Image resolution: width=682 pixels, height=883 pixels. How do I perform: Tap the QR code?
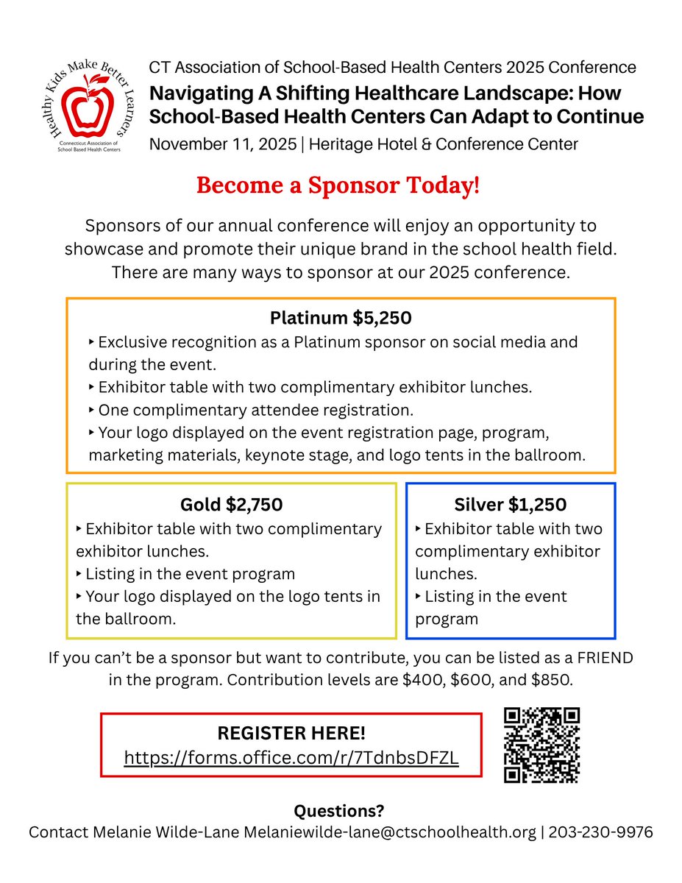click(x=542, y=745)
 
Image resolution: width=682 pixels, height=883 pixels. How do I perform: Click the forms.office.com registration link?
click(x=291, y=757)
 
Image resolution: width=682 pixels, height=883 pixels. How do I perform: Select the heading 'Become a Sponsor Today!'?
click(x=338, y=185)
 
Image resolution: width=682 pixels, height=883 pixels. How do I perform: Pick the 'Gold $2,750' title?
click(x=231, y=505)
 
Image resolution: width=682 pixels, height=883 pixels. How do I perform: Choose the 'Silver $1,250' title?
click(x=510, y=505)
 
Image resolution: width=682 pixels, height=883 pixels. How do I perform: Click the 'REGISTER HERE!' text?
click(x=291, y=733)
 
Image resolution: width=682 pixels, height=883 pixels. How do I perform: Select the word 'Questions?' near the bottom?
click(x=339, y=811)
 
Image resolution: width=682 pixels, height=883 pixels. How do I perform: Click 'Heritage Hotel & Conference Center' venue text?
click(x=444, y=143)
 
